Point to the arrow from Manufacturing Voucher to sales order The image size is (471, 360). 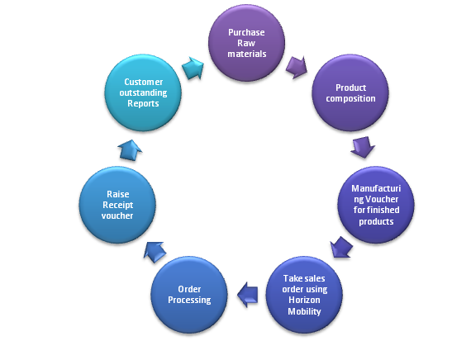[342, 246]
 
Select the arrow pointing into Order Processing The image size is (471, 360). [247, 290]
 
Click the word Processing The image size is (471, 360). [188, 300]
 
